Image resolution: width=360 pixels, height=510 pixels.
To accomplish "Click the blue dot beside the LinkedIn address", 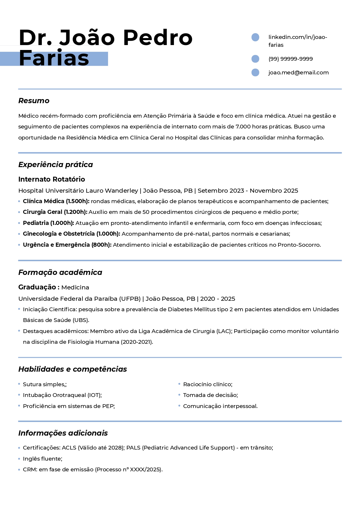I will click(x=255, y=37).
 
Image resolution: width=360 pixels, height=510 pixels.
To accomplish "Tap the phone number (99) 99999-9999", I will click(x=291, y=59).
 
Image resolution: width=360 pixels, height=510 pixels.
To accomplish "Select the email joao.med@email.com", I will click(x=298, y=73).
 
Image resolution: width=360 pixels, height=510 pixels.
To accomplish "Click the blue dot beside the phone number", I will click(x=255, y=59).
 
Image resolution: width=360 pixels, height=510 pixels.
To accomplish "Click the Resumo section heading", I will click(x=34, y=101).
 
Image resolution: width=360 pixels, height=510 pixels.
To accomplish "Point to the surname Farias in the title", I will click(x=54, y=58).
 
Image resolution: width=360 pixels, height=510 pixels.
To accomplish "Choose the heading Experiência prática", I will click(x=55, y=165).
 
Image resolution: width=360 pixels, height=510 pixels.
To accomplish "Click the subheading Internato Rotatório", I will click(x=52, y=179).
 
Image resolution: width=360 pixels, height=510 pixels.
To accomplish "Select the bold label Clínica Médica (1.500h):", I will click(x=56, y=201).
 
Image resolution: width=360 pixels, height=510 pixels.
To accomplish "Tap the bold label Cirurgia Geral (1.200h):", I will click(x=55, y=212).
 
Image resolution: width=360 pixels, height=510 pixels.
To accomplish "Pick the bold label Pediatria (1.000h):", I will click(x=48, y=223).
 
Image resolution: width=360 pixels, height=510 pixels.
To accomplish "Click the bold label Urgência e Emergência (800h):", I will click(x=67, y=245).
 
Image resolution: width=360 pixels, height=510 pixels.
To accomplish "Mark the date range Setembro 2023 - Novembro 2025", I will click(x=248, y=191).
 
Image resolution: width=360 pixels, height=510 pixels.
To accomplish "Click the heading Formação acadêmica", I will click(x=60, y=273).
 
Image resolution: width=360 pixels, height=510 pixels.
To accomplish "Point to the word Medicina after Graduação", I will click(x=75, y=287).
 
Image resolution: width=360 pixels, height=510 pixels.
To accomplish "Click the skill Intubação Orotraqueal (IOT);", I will click(x=62, y=395).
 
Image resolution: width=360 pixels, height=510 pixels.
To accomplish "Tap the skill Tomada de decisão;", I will click(x=210, y=395).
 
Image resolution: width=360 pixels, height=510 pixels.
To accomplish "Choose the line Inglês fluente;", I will click(x=43, y=459).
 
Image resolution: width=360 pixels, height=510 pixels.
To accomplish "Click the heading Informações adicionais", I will click(x=63, y=433).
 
